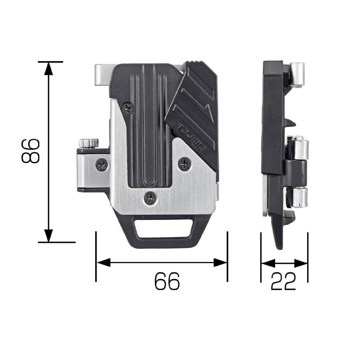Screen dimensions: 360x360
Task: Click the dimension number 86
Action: tap(30, 151)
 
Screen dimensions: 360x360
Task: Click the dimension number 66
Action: tap(167, 281)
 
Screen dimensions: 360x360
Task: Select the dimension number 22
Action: tap(283, 281)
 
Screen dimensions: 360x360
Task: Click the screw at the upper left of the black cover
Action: tap(127, 108)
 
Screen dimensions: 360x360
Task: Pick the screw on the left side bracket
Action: tap(102, 165)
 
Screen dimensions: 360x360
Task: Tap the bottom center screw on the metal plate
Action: tap(151, 197)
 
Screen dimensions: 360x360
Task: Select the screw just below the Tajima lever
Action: tap(185, 164)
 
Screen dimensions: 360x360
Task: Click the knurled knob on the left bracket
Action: tap(88, 143)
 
